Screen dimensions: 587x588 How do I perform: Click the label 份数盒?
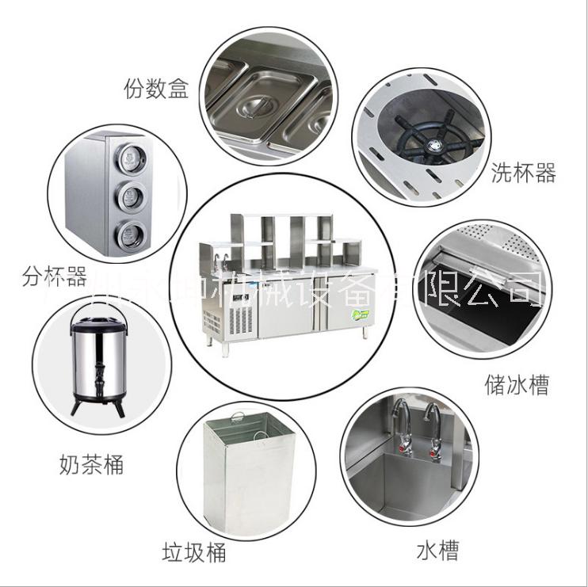tap(155, 89)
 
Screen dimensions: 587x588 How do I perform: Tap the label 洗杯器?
tap(523, 173)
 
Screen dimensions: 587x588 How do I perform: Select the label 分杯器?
tap(54, 278)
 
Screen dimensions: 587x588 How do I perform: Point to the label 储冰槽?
tap(517, 385)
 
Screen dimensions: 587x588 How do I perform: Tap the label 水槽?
tap(437, 549)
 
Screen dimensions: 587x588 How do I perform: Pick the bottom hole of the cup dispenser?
tap(126, 231)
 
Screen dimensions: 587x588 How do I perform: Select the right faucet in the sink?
tap(431, 425)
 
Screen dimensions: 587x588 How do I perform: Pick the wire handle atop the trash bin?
tap(238, 422)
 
